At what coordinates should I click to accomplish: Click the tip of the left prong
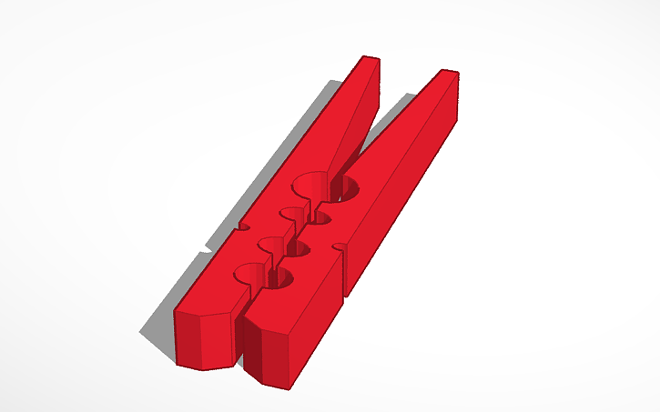click(368, 61)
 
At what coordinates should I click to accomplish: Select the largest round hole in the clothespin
click(325, 186)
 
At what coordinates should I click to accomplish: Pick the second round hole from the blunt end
click(284, 246)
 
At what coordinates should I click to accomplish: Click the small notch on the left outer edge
click(241, 224)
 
